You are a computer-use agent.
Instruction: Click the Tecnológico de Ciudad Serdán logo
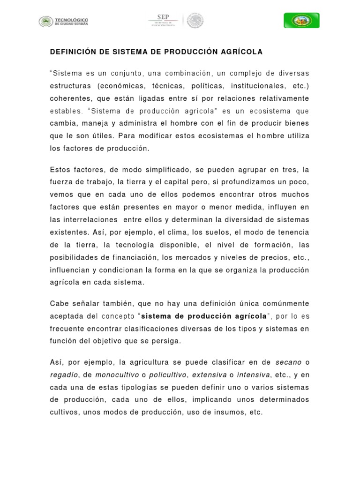[64, 21]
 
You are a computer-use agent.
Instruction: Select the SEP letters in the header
[163, 16]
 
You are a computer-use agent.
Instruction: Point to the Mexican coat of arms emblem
[195, 21]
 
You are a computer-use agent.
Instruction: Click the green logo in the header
[301, 21]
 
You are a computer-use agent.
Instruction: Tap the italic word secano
[288, 362]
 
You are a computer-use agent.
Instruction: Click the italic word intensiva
[254, 375]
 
